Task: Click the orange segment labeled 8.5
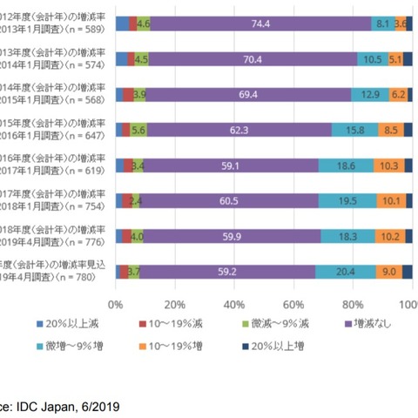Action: [x=391, y=130]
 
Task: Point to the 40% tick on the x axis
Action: [x=233, y=305]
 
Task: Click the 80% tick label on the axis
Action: [x=352, y=305]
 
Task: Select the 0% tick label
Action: [x=115, y=305]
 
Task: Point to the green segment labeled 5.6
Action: [x=138, y=130]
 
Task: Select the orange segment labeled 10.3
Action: [x=388, y=165]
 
